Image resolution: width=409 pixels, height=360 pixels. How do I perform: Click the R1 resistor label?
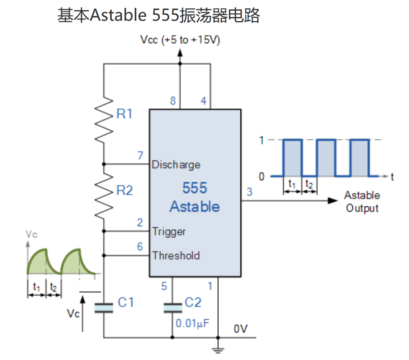click(124, 114)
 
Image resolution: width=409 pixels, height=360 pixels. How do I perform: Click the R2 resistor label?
click(124, 190)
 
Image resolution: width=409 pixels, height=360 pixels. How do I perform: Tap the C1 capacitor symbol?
click(104, 307)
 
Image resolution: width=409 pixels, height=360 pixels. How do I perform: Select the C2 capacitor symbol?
click(172, 307)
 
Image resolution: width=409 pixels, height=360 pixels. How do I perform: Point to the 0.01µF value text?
click(193, 323)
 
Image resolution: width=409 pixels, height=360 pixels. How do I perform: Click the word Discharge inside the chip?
click(176, 165)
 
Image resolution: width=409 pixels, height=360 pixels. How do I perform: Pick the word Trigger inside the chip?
click(169, 231)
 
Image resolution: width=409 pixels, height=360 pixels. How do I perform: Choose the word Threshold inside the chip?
click(176, 255)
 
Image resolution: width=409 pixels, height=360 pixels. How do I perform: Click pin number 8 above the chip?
click(173, 101)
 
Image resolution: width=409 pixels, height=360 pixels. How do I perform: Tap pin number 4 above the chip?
click(203, 101)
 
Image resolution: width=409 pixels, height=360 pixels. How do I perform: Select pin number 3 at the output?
click(249, 191)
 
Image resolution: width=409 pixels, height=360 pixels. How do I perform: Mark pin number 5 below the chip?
click(164, 286)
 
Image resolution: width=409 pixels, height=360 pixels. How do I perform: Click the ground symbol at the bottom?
click(218, 347)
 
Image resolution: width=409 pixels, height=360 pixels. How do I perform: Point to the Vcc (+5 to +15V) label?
click(180, 40)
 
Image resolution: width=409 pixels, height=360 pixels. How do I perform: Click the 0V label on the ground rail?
click(241, 329)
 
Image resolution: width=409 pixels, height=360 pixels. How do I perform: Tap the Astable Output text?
click(362, 201)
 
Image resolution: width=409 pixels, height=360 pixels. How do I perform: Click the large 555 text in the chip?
click(195, 188)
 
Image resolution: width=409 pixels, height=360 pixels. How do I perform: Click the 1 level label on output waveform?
click(262, 140)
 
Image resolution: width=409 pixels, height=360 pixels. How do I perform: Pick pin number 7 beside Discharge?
click(140, 155)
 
